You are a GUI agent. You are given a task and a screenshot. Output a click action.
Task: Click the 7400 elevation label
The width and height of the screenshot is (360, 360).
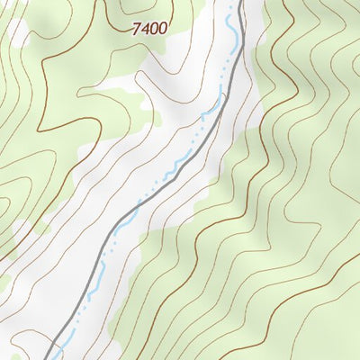[x=149, y=29]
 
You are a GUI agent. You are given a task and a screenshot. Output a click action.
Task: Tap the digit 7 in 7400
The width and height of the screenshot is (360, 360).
[x=137, y=29]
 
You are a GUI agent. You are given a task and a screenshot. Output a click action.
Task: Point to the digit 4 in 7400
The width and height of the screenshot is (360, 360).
[x=145, y=29]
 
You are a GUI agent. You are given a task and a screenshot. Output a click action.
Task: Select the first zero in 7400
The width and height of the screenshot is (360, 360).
[x=154, y=29]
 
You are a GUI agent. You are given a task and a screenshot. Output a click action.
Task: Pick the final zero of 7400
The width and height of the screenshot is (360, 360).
[x=162, y=29]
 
